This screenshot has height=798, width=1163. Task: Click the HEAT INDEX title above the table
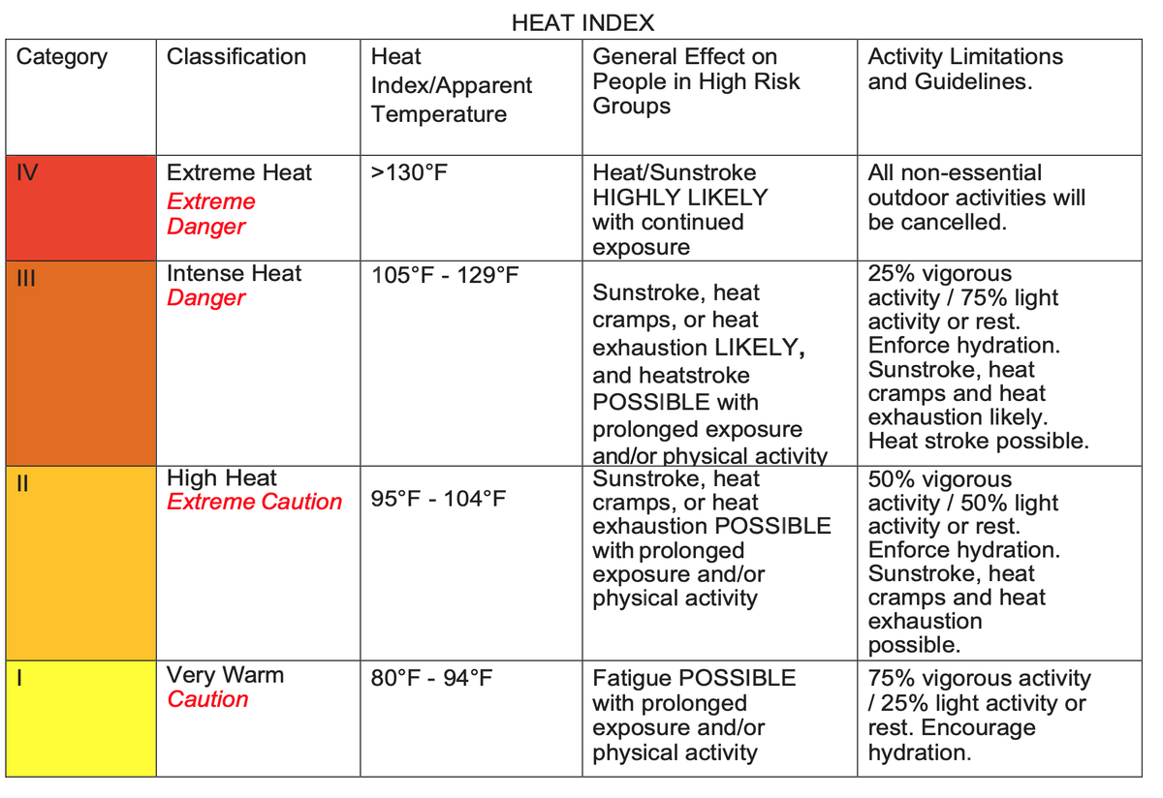click(x=582, y=22)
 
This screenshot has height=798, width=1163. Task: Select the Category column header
click(x=62, y=57)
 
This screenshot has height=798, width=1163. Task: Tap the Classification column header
click(x=236, y=57)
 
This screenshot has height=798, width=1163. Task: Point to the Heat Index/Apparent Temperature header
click(x=451, y=85)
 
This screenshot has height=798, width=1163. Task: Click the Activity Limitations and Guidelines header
click(x=965, y=69)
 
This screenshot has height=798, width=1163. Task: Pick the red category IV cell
click(x=80, y=206)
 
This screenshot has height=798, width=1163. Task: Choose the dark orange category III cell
click(x=80, y=362)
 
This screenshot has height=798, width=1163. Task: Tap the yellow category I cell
click(x=80, y=718)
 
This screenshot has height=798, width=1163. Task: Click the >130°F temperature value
click(x=411, y=174)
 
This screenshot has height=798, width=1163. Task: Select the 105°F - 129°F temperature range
click(x=445, y=275)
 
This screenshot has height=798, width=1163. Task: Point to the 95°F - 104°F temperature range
click(x=439, y=501)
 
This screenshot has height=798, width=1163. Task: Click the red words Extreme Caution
click(x=255, y=502)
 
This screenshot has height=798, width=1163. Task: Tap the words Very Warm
click(x=226, y=675)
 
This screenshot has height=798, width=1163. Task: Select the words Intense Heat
click(x=235, y=274)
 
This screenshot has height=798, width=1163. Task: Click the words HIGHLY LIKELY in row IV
click(x=680, y=198)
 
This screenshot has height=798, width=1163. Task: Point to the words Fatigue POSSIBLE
click(x=694, y=678)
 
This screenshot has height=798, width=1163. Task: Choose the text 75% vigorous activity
click(x=979, y=679)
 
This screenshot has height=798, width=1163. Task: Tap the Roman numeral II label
click(x=23, y=479)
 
